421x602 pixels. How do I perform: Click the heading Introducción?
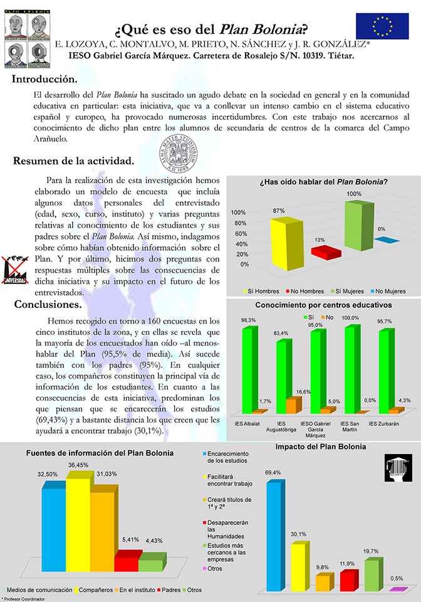pyautogui.click(x=45, y=80)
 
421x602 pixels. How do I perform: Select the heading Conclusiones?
pyautogui.click(x=47, y=305)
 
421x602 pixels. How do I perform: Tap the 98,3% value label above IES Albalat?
pyautogui.click(x=248, y=320)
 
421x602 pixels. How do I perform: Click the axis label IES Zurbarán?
pyautogui.click(x=382, y=423)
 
